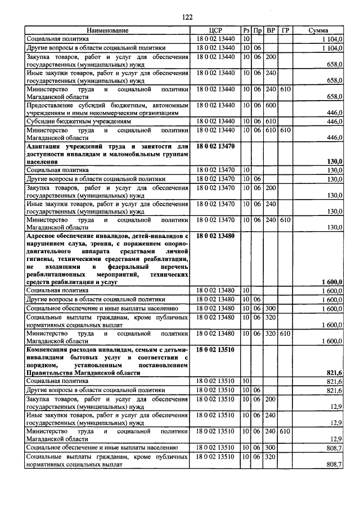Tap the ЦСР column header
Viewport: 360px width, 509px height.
216,30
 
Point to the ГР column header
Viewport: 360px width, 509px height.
286,30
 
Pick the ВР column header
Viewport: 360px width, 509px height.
271,30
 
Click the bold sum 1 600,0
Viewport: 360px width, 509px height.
332,281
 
